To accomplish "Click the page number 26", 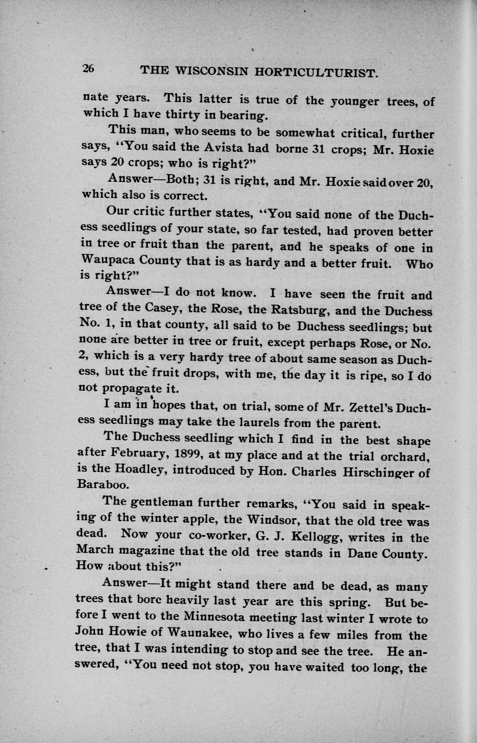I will point(88,68).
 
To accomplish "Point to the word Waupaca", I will point(107,260).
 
